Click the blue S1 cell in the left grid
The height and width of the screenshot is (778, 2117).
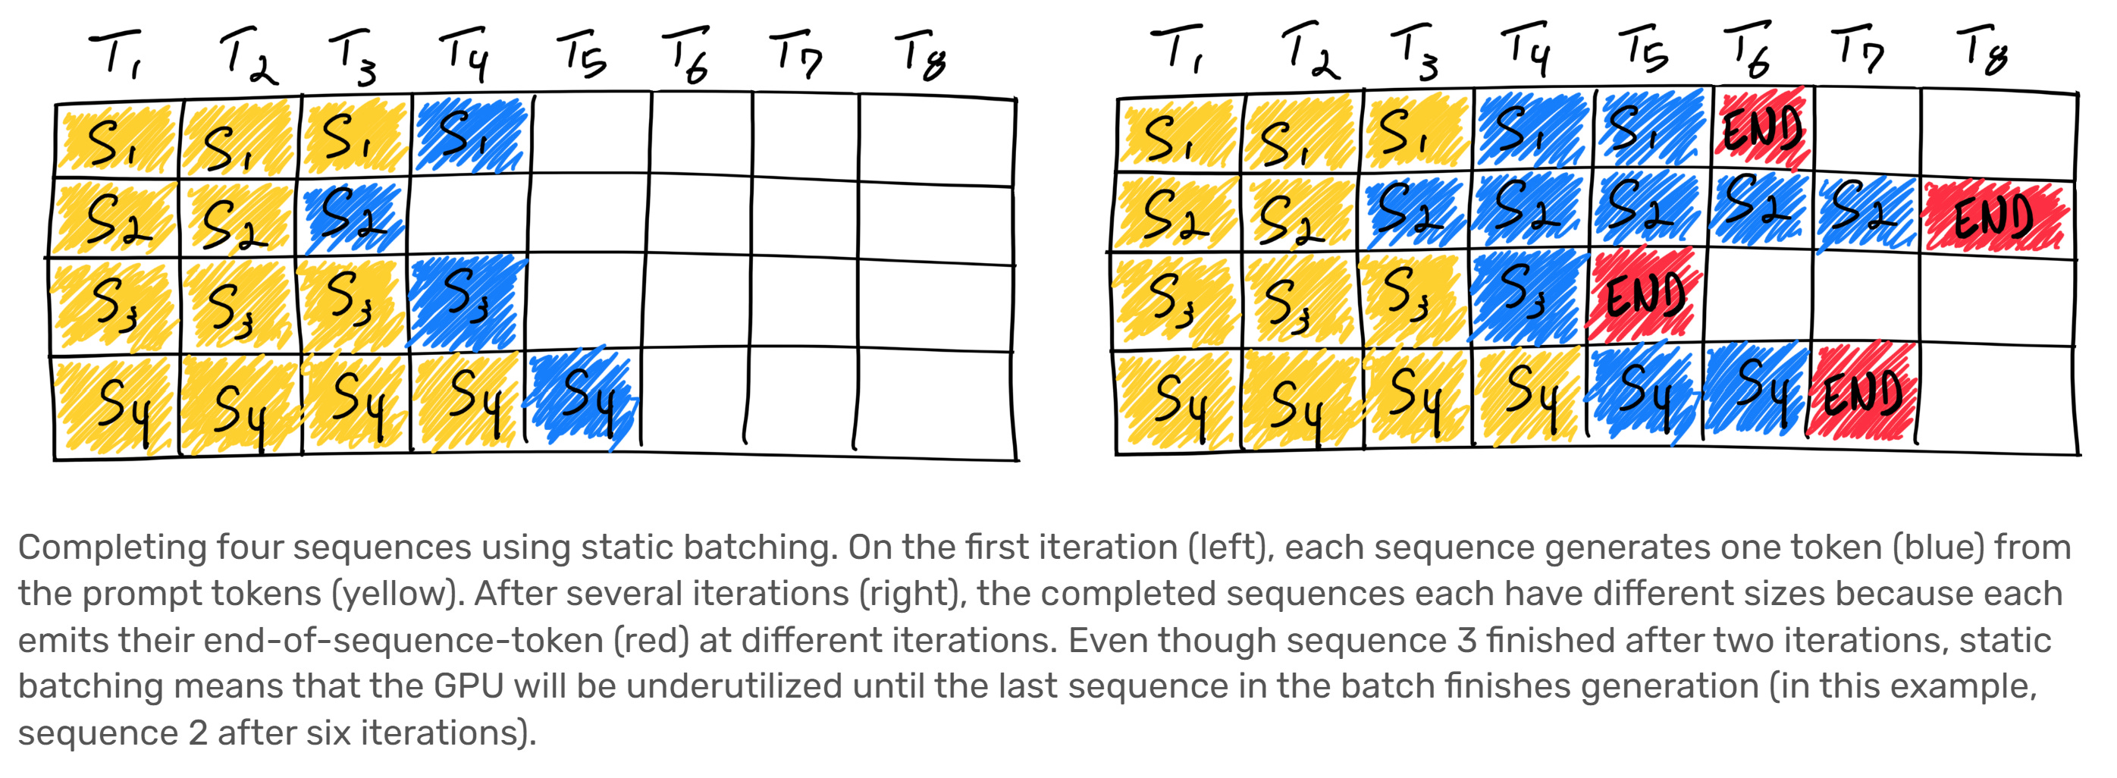click(470, 135)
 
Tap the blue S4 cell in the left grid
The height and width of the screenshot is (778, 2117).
click(585, 397)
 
